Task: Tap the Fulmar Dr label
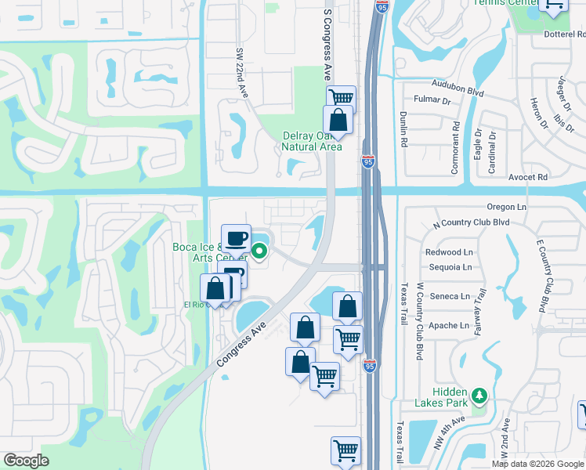[x=432, y=101]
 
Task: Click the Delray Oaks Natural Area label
[x=312, y=140]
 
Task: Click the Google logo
[x=26, y=460]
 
